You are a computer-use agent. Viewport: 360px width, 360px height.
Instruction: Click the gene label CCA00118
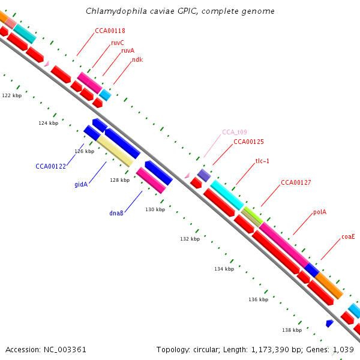[x=110, y=31]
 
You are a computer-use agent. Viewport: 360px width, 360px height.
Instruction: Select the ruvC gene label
[x=118, y=43]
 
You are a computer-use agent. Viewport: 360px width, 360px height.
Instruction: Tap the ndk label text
[x=137, y=59]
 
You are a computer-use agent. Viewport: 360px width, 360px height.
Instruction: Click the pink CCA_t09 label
[x=235, y=132]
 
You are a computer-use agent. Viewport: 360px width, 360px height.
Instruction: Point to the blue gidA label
[x=81, y=184]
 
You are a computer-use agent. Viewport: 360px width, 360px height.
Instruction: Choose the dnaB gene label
[x=116, y=213]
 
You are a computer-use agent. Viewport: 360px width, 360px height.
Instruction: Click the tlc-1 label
[x=262, y=161]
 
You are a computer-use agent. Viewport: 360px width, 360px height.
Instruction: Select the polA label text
[x=320, y=212]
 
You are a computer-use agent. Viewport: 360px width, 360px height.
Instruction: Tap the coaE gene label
[x=348, y=236]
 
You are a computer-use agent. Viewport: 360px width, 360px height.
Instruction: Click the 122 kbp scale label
[x=12, y=95]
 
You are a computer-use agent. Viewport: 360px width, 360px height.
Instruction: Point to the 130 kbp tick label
[x=155, y=209]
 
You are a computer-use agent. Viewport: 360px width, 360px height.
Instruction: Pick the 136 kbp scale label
[x=258, y=299]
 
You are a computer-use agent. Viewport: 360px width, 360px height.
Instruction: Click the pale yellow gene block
[x=115, y=151]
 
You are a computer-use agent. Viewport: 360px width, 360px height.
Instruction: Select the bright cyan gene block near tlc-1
[x=227, y=195]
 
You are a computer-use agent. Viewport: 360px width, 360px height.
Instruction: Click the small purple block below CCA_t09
[x=204, y=175]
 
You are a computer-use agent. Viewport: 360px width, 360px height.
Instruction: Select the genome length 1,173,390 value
[x=270, y=350]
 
